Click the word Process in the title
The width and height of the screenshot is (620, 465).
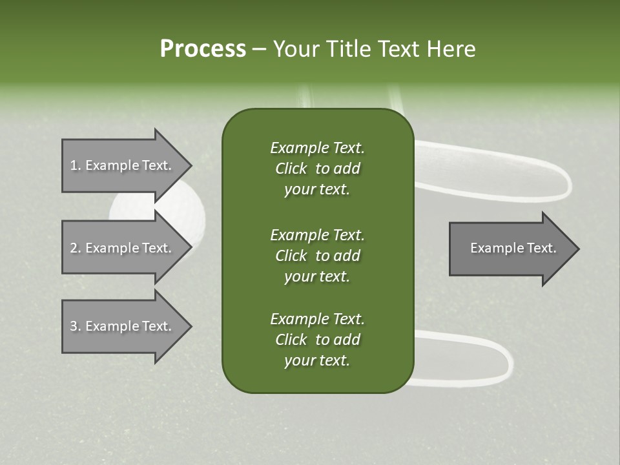tap(203, 49)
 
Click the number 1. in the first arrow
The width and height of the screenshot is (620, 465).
tap(75, 165)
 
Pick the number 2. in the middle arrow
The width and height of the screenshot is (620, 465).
tap(75, 248)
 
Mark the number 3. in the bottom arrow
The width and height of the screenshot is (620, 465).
tap(75, 326)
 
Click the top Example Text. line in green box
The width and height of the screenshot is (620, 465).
tap(317, 148)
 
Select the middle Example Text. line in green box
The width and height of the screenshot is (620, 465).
tap(317, 234)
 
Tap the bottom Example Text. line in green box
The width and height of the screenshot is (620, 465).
tap(317, 319)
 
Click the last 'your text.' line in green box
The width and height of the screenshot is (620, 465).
tap(317, 360)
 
